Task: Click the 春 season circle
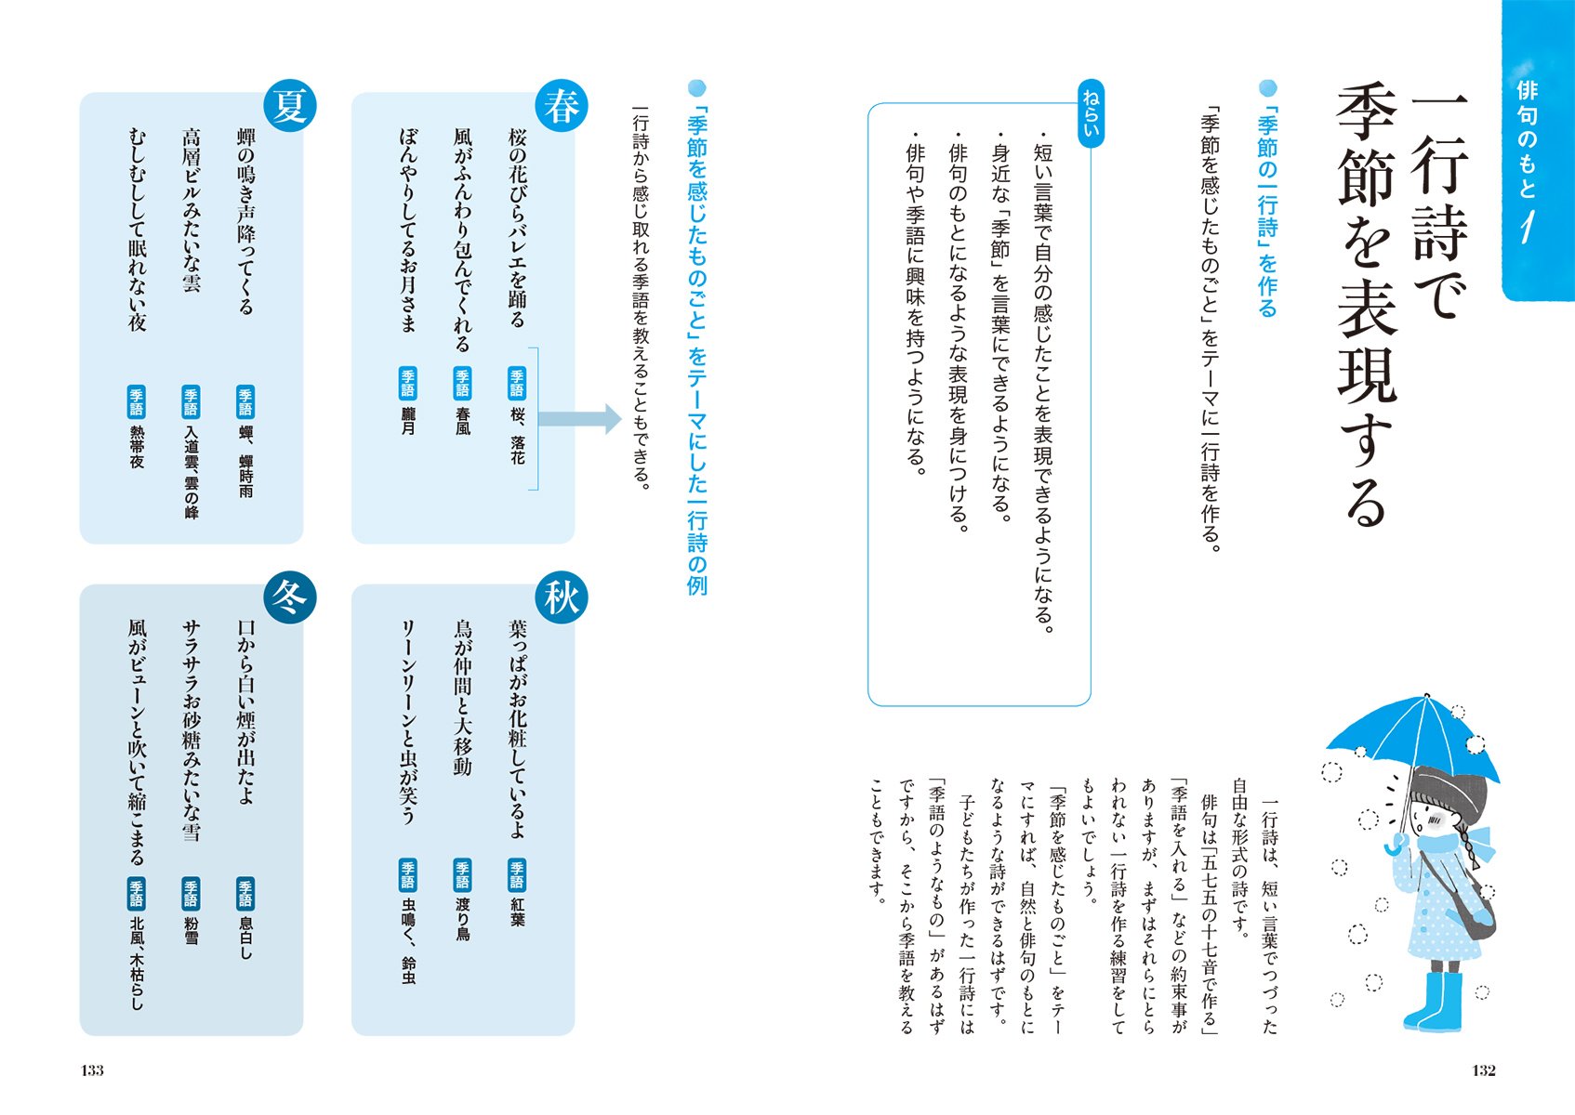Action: click(x=561, y=105)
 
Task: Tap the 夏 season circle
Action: click(x=290, y=105)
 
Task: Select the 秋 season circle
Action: click(x=561, y=597)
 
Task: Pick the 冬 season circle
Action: click(x=290, y=597)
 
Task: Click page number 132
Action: click(x=1484, y=1070)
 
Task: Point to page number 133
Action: click(x=92, y=1070)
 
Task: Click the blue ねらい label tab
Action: click(x=1092, y=115)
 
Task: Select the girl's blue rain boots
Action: click(x=1435, y=1002)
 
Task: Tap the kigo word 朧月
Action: click(x=408, y=420)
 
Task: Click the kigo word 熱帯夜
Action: click(x=137, y=446)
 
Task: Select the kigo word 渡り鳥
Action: click(x=463, y=919)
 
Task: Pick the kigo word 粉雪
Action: click(x=192, y=929)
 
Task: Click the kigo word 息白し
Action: click(x=245, y=938)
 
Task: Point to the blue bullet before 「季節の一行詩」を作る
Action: click(x=1268, y=88)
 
